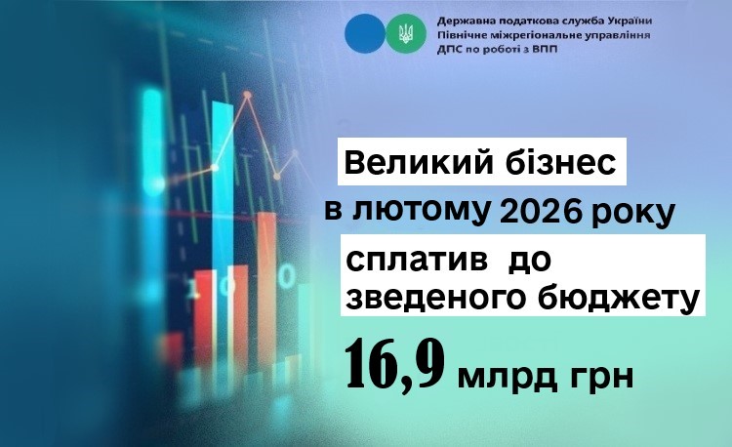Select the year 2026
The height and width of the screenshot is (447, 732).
pos(540,213)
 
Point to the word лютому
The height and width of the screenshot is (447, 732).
pos(422,213)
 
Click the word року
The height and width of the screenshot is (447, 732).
pos(631,216)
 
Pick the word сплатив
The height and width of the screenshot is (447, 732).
pos(415,261)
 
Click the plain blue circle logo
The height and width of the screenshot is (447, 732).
pos(365,33)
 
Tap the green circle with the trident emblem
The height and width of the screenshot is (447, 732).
pos(406,33)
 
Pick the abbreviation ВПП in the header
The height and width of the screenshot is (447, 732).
pos(546,49)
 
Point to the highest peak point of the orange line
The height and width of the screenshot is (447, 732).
pos(248,96)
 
